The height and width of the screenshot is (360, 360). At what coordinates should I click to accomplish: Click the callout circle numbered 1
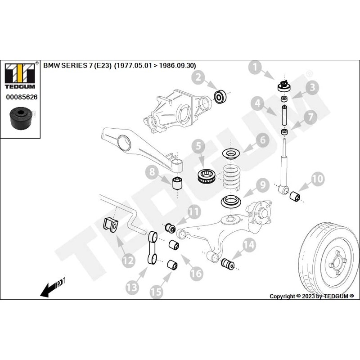click(256, 68)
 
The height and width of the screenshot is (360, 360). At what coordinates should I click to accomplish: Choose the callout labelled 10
click(317, 178)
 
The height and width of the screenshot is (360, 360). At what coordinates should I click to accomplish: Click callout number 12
click(128, 260)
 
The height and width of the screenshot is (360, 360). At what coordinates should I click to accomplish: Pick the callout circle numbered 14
click(249, 245)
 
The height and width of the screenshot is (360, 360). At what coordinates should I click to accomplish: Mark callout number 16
click(196, 273)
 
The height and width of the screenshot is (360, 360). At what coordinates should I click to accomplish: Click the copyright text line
click(311, 296)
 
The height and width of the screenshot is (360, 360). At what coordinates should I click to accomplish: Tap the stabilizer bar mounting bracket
click(111, 225)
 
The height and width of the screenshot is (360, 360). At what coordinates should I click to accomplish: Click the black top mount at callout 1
click(284, 85)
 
